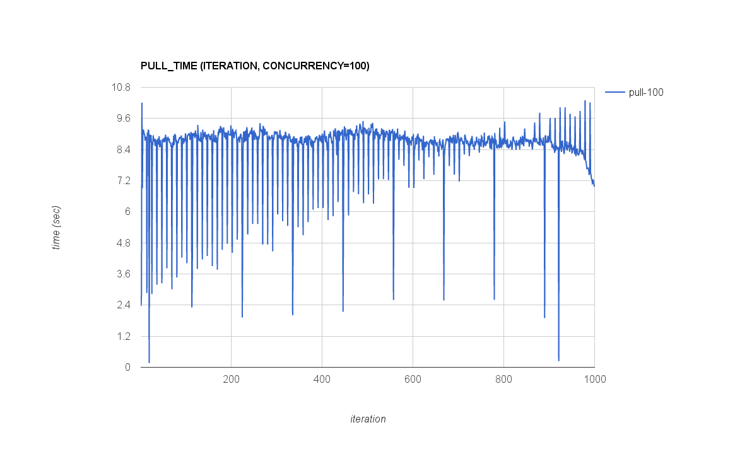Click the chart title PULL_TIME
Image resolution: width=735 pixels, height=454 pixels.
[x=254, y=66]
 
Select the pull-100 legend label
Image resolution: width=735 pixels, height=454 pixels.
[x=645, y=93]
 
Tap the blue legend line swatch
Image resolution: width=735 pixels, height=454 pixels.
[x=614, y=93]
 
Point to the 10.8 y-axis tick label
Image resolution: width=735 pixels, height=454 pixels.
[x=121, y=87]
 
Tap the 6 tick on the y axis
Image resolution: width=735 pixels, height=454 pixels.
[x=127, y=212]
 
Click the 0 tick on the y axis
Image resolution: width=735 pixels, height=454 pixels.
[x=127, y=367]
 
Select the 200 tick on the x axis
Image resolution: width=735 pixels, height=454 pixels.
[x=231, y=380]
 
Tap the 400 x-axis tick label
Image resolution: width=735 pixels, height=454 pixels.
[x=322, y=380]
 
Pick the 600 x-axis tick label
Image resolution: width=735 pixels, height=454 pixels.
[x=413, y=380]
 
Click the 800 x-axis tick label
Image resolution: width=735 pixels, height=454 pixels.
[x=503, y=380]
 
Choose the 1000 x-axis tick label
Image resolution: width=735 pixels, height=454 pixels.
[x=594, y=380]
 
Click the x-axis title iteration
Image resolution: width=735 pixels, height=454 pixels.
[x=368, y=419]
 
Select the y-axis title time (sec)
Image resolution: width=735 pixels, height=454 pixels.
[x=57, y=227]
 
